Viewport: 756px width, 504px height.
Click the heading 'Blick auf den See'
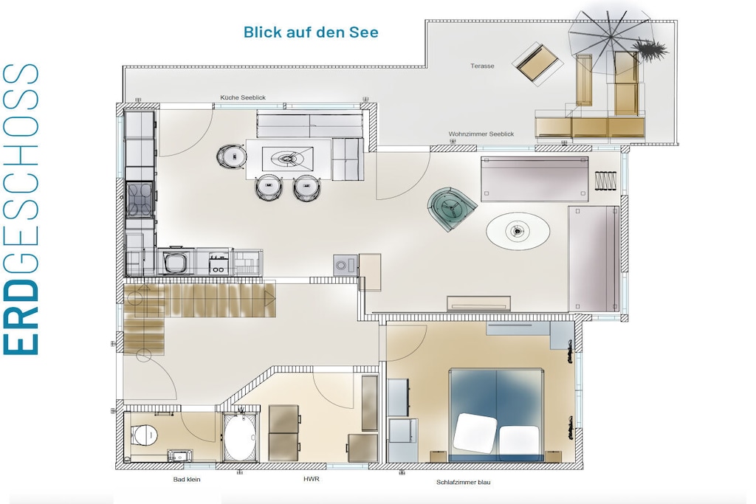[x=311, y=32]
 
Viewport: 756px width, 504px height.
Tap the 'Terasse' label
[x=482, y=66]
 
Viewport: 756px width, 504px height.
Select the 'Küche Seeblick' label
[x=243, y=97]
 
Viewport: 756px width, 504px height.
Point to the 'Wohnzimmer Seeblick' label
[x=481, y=134]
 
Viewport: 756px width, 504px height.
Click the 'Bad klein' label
[x=187, y=480]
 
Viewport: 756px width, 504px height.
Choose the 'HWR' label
[x=312, y=479]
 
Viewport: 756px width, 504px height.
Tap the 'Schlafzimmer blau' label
[x=464, y=482]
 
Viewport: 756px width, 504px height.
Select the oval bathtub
[x=240, y=437]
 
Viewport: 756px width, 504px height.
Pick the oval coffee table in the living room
[x=518, y=231]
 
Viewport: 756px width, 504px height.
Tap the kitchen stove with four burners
[x=140, y=199]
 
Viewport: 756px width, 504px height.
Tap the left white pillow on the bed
[x=475, y=432]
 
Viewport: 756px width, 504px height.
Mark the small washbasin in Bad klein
[x=180, y=455]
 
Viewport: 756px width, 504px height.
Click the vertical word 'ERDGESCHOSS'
[x=21, y=210]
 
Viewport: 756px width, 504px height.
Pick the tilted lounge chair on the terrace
[x=537, y=63]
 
